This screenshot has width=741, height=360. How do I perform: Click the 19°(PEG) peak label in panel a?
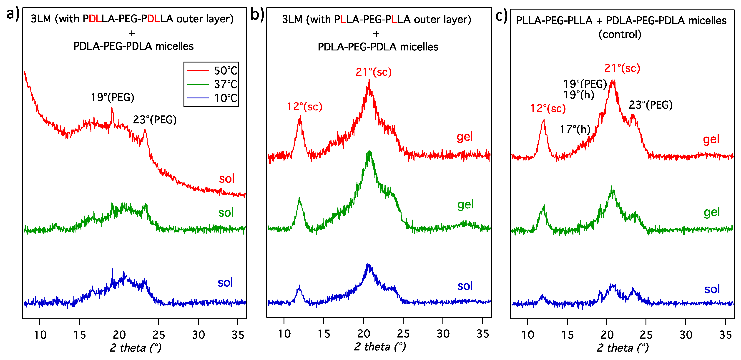pos(113,97)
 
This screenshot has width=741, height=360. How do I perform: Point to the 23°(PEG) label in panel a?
pos(155,120)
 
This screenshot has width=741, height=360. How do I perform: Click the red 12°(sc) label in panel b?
pos(304,107)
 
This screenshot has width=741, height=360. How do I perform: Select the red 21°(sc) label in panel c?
pos(622,68)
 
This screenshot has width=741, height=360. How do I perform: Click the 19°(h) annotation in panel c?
pos(578,95)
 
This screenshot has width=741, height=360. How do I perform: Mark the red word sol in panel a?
pos(227,179)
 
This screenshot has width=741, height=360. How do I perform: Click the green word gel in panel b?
pos(465,205)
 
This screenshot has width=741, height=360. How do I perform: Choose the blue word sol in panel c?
pos(712,289)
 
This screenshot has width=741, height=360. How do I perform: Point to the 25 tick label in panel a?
pos(158,335)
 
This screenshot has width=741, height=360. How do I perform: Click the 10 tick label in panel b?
pos(284,334)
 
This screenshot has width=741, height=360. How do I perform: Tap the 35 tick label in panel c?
pos(725,335)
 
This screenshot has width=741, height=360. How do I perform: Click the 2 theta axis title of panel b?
pos(380,347)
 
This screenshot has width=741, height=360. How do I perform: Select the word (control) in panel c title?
pos(620,34)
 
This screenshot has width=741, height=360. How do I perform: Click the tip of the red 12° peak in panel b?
pos(300,116)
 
